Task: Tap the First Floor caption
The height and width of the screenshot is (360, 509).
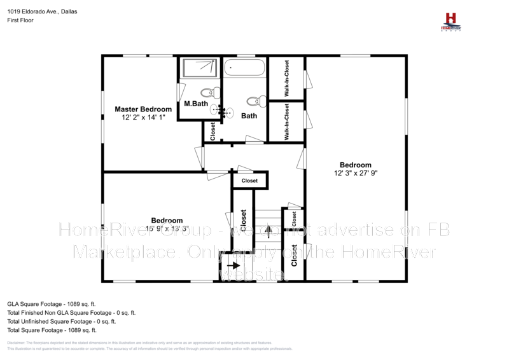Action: (20, 20)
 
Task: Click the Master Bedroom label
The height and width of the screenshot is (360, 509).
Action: (143, 109)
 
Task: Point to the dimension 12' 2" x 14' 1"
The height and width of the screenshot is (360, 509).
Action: (143, 118)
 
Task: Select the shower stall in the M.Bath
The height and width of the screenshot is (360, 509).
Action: (200, 68)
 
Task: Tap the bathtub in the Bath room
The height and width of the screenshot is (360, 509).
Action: (244, 67)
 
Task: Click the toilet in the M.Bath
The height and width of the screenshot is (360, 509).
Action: (210, 93)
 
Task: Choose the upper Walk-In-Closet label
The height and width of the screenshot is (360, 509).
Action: (287, 78)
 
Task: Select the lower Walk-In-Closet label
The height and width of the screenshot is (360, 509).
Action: (287, 121)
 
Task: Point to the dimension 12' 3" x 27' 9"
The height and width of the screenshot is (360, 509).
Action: (355, 173)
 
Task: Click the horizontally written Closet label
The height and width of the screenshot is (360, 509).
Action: (249, 181)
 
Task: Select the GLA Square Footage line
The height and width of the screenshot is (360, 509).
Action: (51, 304)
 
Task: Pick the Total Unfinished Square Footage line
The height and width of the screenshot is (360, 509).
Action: (61, 322)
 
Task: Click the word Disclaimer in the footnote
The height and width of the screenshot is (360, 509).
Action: (17, 342)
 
